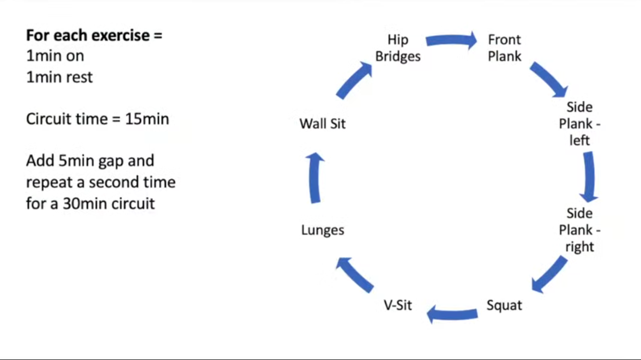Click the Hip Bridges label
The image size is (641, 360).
click(x=398, y=48)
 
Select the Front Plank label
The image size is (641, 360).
click(x=504, y=48)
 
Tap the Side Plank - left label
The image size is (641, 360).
click(x=579, y=124)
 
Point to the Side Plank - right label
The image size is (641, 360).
click(x=579, y=230)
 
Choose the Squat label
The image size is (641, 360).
click(x=504, y=305)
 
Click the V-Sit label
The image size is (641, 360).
click(x=398, y=305)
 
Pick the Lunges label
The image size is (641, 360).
click(x=323, y=230)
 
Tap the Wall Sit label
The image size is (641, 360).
click(x=323, y=124)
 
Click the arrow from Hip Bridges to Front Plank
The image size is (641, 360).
click(x=451, y=41)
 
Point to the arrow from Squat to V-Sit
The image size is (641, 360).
click(x=452, y=314)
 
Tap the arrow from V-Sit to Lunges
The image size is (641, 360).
click(x=355, y=274)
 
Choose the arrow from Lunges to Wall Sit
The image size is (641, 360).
click(x=314, y=178)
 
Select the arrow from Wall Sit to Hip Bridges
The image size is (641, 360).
click(x=354, y=80)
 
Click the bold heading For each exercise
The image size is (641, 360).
click(x=94, y=36)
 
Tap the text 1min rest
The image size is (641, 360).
click(x=59, y=77)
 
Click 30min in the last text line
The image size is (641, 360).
click(x=81, y=203)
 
